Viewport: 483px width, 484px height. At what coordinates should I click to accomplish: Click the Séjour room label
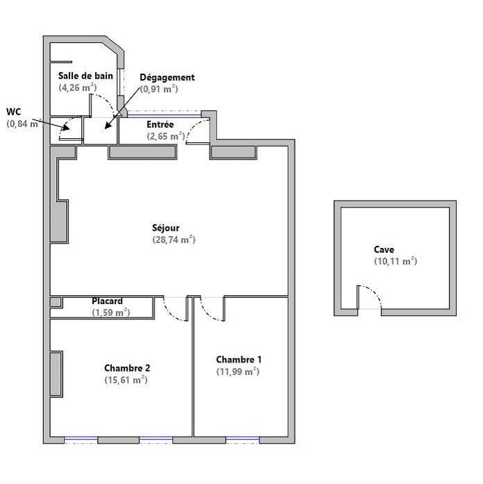165,227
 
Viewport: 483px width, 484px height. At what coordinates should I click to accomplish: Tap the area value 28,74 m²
173,240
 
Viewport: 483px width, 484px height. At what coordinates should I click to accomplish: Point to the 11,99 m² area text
237,372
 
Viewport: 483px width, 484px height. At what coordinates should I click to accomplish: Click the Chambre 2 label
127,368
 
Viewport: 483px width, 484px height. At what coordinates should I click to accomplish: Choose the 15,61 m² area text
126,381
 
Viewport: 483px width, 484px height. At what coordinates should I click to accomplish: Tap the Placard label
108,301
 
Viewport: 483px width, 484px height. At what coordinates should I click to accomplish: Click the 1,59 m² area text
111,313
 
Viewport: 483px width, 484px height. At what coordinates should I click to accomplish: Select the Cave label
384,249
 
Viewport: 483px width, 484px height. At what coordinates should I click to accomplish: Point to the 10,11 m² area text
395,262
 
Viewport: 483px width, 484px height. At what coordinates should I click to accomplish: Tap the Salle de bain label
85,75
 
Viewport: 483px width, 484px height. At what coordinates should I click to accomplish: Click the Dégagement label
167,77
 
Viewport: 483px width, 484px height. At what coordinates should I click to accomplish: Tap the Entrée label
160,124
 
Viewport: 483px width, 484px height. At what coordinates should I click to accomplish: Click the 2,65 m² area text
165,137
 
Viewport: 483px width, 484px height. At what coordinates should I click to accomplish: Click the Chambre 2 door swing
175,310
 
